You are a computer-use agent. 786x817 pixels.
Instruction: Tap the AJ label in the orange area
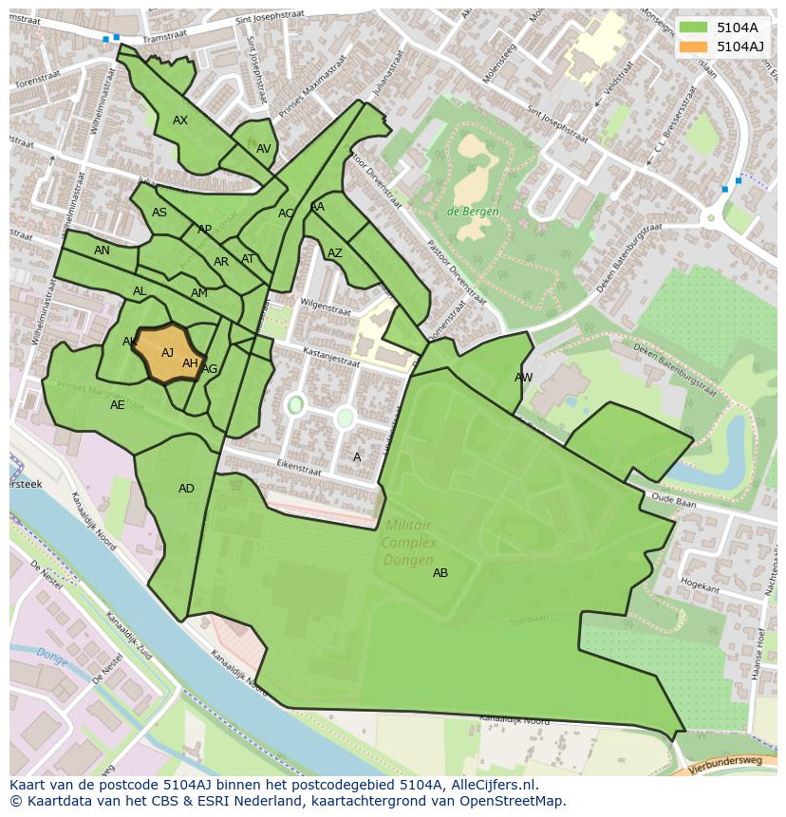click(x=167, y=353)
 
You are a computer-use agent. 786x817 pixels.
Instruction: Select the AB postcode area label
click(x=440, y=573)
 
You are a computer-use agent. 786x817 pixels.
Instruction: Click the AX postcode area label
click(x=180, y=121)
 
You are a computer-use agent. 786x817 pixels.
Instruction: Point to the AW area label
click(x=523, y=378)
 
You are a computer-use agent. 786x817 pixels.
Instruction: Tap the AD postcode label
click(x=186, y=489)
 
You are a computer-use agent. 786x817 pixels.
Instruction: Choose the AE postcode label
click(x=117, y=405)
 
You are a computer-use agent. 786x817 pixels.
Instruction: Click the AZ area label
click(x=334, y=253)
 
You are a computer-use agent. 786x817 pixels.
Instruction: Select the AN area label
click(x=102, y=251)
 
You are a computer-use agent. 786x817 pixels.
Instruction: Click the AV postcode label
click(x=263, y=149)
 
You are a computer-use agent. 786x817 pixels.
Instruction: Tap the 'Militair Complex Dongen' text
click(x=409, y=543)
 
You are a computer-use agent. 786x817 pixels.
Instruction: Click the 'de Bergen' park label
click(x=473, y=212)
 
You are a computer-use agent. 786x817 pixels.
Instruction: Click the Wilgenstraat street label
click(x=326, y=306)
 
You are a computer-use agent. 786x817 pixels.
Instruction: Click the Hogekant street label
click(x=701, y=586)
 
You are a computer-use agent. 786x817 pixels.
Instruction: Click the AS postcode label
click(x=159, y=213)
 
